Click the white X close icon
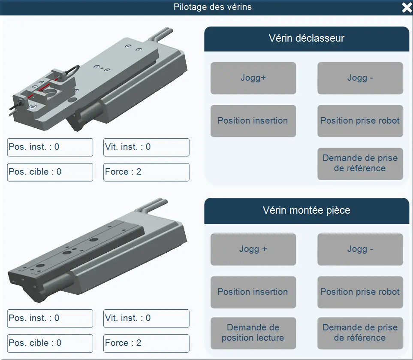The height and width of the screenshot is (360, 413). point(406,7)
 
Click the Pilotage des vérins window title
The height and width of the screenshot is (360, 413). point(212,7)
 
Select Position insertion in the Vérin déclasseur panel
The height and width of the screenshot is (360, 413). point(253,121)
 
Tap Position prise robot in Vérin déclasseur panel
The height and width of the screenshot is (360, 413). point(360,121)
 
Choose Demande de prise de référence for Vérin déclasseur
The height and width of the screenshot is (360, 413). point(360,163)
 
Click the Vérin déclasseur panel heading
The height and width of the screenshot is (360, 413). point(306,39)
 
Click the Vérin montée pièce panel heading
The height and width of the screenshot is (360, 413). point(306,210)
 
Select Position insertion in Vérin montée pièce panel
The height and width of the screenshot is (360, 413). point(253,292)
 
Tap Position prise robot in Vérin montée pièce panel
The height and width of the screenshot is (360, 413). point(360,292)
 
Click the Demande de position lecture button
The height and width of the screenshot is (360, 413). point(253,333)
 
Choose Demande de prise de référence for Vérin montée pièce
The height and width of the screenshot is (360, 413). point(360,333)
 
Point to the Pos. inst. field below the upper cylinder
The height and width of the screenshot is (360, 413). point(50,147)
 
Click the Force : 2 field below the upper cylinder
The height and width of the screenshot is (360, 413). point(146,172)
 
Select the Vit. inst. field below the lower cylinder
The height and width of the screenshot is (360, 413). point(146,318)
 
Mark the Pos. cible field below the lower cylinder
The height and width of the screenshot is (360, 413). point(50,343)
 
